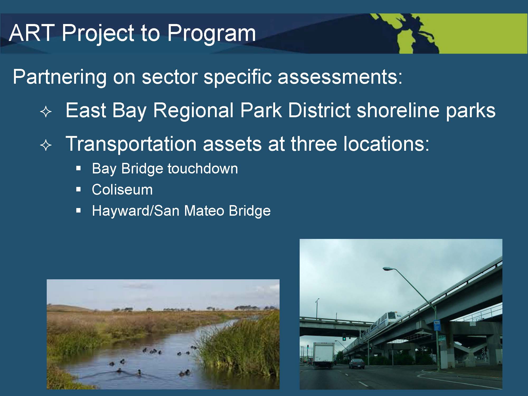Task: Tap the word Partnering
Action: (x=59, y=77)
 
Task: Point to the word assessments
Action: (x=340, y=77)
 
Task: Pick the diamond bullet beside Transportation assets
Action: (x=46, y=146)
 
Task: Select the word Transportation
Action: (x=131, y=144)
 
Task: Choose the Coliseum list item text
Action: (x=122, y=190)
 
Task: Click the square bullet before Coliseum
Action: (x=78, y=189)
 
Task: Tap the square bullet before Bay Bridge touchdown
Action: (x=78, y=168)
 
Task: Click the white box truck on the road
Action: (x=323, y=355)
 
